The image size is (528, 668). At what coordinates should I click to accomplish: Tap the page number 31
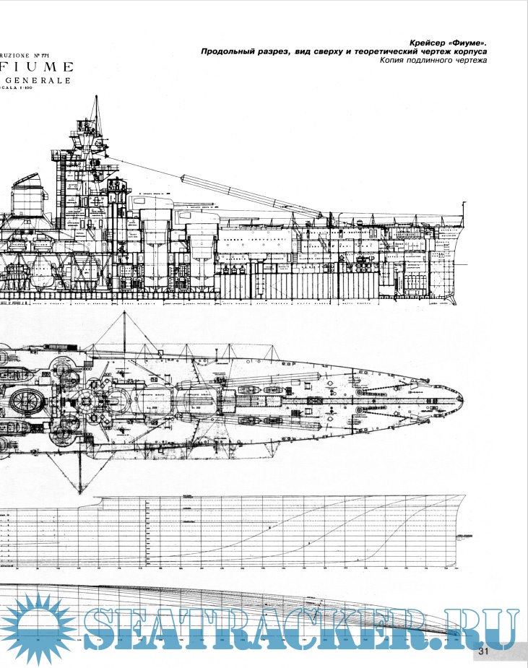pyautogui.click(x=483, y=652)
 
